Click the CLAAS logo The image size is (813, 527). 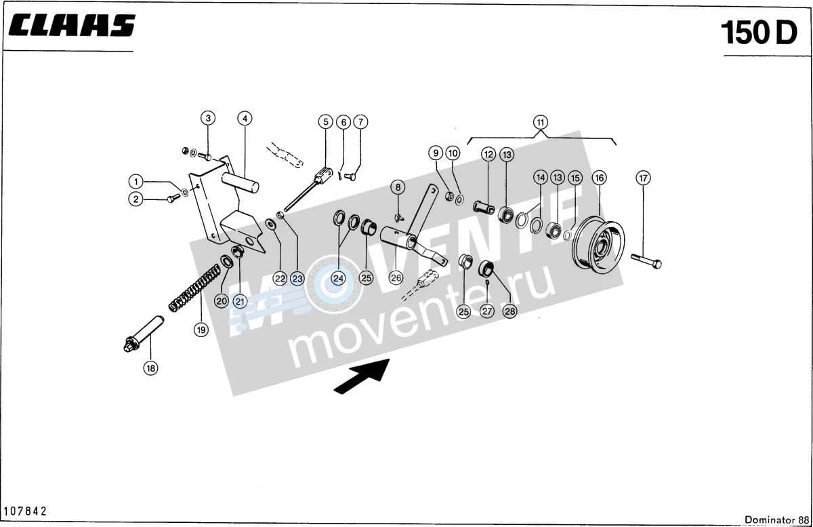point(72,26)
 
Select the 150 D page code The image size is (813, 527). point(759,33)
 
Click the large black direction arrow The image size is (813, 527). point(362,376)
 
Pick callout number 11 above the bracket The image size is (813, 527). point(541,122)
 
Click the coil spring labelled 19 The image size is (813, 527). point(194,288)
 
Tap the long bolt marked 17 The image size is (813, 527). point(646,261)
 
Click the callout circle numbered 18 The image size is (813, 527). point(150,368)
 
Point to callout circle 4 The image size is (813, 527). point(245,119)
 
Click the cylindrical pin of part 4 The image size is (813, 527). point(241,182)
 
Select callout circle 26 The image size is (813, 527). point(396,278)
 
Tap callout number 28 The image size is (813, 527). point(510,311)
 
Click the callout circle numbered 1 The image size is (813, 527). point(136,181)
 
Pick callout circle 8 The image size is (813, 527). point(398,187)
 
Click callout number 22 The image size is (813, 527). point(280,279)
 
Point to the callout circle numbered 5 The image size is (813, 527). point(325,122)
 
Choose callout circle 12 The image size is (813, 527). point(488,155)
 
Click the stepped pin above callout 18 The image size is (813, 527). point(144,334)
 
